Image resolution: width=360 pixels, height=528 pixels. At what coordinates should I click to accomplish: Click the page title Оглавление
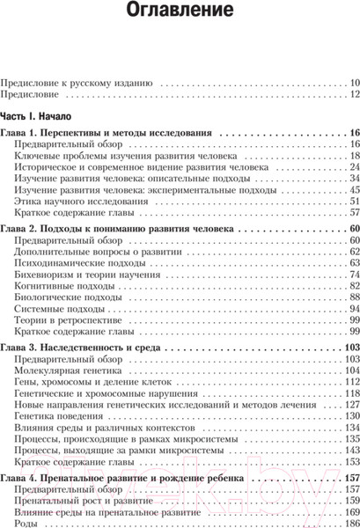coord(180,12)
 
